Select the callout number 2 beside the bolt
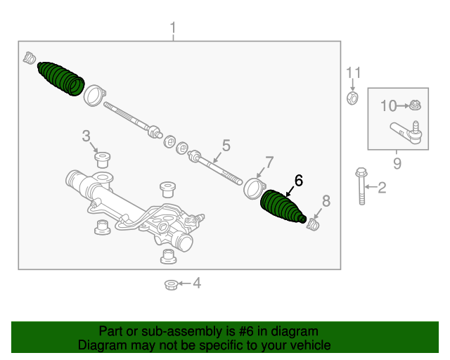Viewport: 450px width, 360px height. [x=382, y=188]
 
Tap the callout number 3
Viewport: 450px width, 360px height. [x=86, y=135]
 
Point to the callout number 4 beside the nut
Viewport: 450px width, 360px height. [x=197, y=283]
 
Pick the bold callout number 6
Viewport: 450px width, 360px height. [x=298, y=181]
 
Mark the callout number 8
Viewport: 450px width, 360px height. [x=325, y=200]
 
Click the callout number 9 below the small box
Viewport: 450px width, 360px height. [x=397, y=164]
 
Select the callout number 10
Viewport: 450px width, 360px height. [x=389, y=106]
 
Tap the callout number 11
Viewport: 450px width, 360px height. [x=353, y=72]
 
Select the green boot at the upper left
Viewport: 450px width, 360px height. [x=61, y=78]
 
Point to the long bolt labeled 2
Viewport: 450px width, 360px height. [x=361, y=186]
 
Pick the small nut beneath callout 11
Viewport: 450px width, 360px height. [x=353, y=97]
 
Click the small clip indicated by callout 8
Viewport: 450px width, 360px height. [x=314, y=224]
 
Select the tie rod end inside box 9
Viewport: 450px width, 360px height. [x=406, y=132]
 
